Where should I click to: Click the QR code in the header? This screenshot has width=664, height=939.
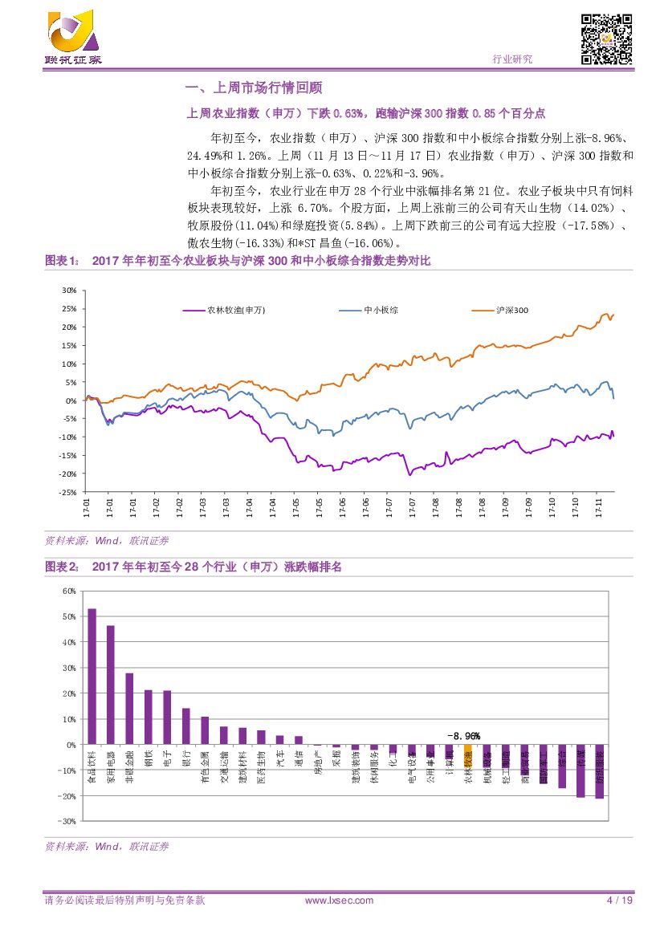click(607, 39)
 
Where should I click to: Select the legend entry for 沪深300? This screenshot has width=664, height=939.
click(511, 310)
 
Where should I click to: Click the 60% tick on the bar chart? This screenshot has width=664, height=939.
click(68, 591)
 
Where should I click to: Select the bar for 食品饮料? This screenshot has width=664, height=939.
click(92, 677)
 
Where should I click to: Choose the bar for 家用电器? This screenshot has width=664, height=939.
click(111, 685)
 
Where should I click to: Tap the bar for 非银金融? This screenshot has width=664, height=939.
click(129, 709)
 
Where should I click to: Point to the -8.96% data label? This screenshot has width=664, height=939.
click(463, 736)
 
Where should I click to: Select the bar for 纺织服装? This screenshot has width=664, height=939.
click(599, 771)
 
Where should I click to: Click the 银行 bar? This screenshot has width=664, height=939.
click(186, 726)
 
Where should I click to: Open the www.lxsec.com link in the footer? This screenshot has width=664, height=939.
click(340, 900)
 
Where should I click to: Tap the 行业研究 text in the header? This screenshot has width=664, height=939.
click(511, 59)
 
